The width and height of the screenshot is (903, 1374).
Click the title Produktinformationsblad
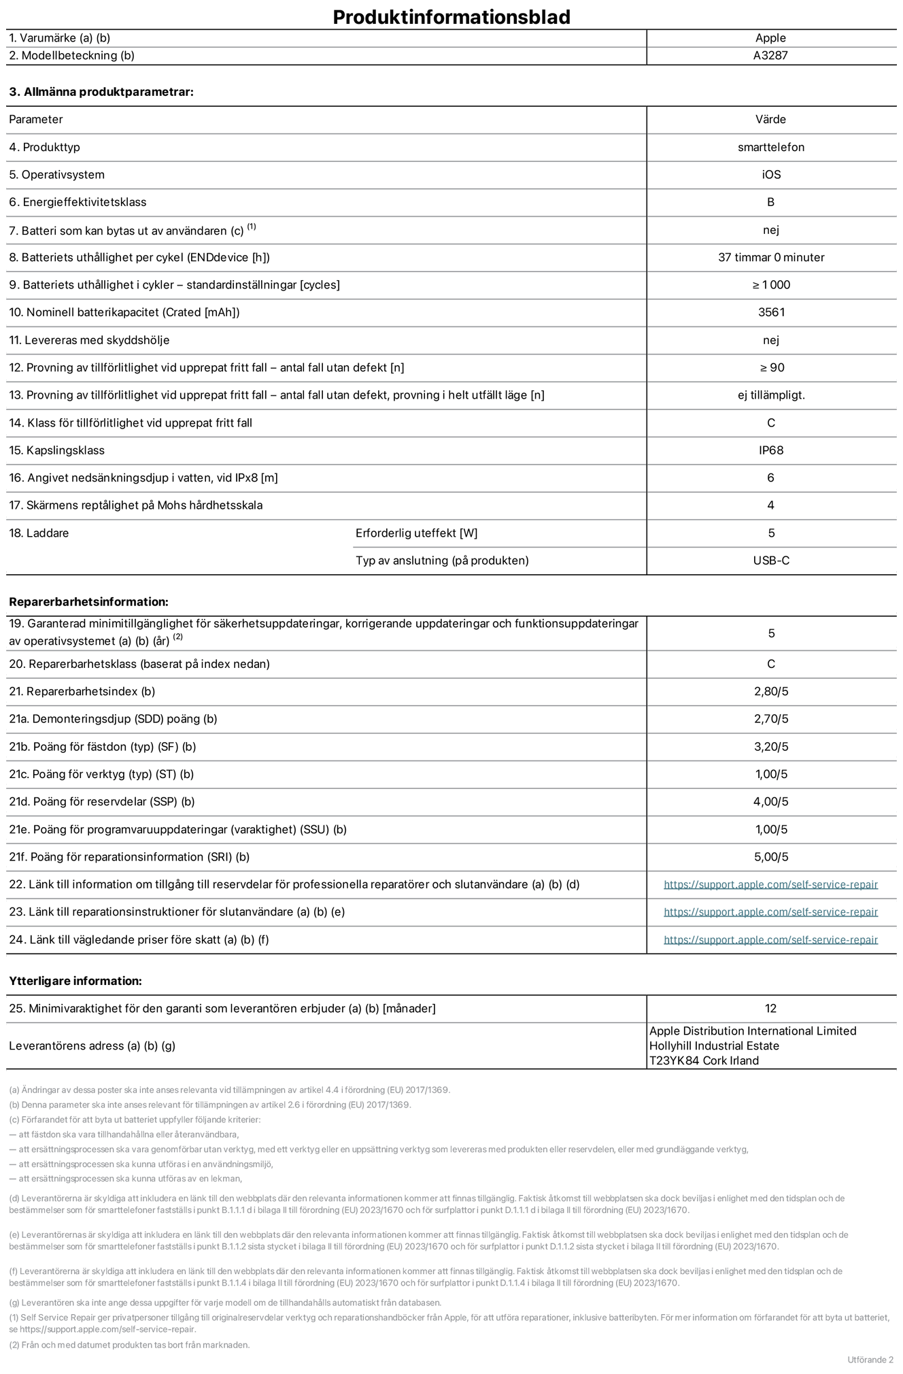[451, 16]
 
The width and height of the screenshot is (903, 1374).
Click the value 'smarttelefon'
[770, 147]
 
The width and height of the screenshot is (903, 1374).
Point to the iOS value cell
[770, 175]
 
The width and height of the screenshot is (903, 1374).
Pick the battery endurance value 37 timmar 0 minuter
[770, 257]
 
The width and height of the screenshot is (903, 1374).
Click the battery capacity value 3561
[770, 312]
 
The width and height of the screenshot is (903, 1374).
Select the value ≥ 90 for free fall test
[771, 367]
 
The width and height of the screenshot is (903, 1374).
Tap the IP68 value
[770, 450]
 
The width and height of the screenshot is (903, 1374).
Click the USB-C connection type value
[770, 560]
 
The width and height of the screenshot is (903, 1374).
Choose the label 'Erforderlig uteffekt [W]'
[416, 533]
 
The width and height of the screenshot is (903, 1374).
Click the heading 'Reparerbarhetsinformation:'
[88, 602]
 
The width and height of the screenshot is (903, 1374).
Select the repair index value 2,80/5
[770, 692]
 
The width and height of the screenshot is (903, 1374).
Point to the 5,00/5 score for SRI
[770, 857]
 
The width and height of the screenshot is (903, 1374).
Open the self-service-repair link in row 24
[770, 939]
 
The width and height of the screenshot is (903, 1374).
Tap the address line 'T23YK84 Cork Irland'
[704, 1060]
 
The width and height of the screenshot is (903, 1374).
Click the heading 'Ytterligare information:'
[75, 981]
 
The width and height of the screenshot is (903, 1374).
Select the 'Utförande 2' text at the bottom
[870, 1360]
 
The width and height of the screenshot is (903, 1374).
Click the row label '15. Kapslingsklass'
[56, 450]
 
